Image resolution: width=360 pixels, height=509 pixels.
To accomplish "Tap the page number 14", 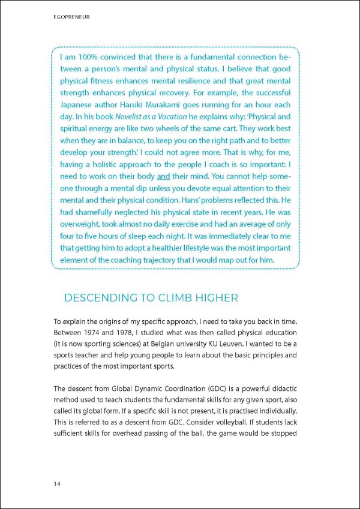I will (57, 483).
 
